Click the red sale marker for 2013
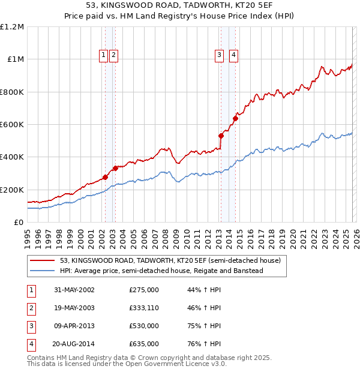point(221,136)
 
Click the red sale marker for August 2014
point(235,118)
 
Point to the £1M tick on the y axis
point(15,59)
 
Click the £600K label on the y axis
point(12,125)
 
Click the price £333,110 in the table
point(144,308)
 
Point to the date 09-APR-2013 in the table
point(74,326)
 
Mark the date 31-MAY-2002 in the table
point(74,290)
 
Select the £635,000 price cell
point(144,344)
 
